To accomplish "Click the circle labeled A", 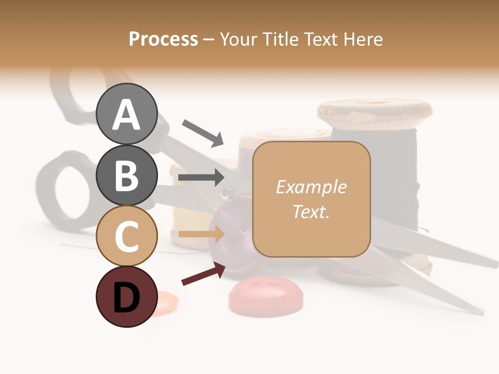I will pyautogui.click(x=127, y=114).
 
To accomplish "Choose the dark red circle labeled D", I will pyautogui.click(x=127, y=297).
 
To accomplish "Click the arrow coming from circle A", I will pyautogui.click(x=203, y=132).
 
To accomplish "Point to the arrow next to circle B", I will pyautogui.click(x=201, y=177).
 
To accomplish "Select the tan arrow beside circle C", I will pyautogui.click(x=201, y=234).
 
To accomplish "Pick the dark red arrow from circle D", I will pyautogui.click(x=203, y=273).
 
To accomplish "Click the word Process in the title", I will pyautogui.click(x=163, y=39).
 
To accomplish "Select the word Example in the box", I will pyautogui.click(x=311, y=187).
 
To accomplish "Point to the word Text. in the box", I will pyautogui.click(x=311, y=211).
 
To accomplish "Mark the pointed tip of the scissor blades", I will pyautogui.click(x=494, y=265).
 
